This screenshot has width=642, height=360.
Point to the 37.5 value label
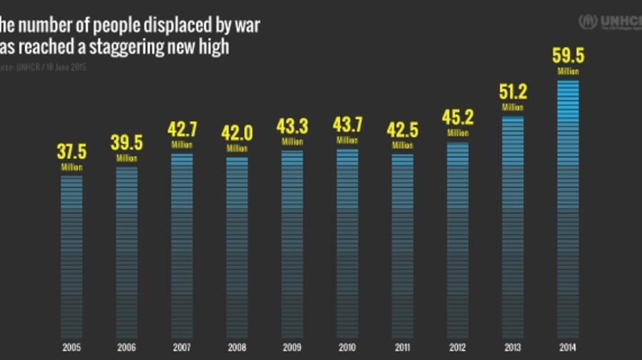(x=71, y=152)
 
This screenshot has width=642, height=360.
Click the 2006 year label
(x=127, y=347)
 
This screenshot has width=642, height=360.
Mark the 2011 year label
(x=402, y=347)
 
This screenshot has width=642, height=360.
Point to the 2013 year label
(x=512, y=347)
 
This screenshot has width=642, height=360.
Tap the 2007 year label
(x=182, y=347)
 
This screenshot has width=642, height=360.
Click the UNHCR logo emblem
(x=588, y=21)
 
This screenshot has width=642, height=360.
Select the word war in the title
(x=248, y=27)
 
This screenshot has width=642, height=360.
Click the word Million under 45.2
(x=458, y=133)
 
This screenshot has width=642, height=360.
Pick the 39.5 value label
(x=127, y=143)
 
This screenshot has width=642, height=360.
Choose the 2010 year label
(x=347, y=347)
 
